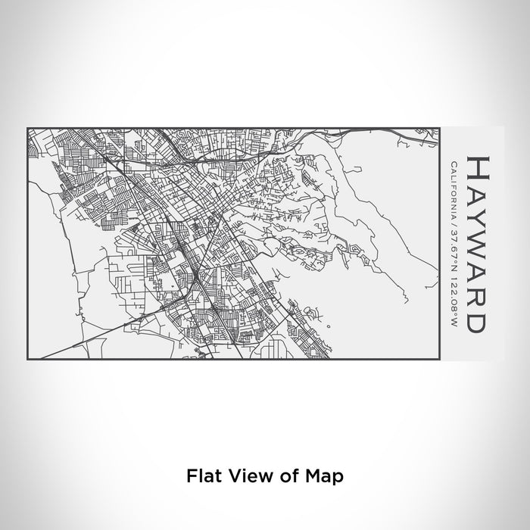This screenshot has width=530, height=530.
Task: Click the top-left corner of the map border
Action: click(x=27, y=128)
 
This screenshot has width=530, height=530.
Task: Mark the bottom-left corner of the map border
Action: click(x=27, y=360)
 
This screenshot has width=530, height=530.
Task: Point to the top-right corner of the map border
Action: click(x=440, y=128)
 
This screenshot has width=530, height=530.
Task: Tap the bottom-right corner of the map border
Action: click(x=440, y=360)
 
